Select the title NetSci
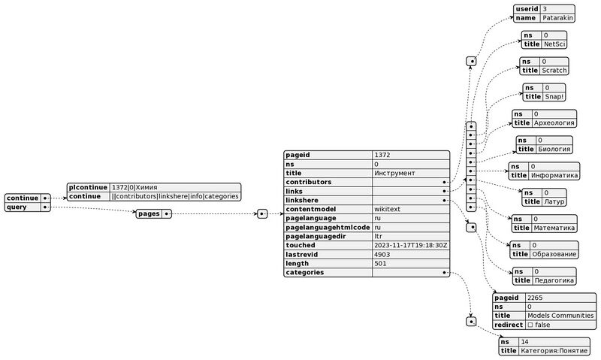click(554, 44)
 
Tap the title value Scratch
click(554, 71)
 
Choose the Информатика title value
click(554, 175)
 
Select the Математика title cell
click(554, 227)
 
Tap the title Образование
click(554, 253)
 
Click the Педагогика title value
click(554, 280)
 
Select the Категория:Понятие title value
click(554, 351)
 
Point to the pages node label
click(149, 214)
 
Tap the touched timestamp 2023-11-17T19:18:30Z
click(410, 245)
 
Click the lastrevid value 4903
click(383, 254)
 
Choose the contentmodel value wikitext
click(388, 209)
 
